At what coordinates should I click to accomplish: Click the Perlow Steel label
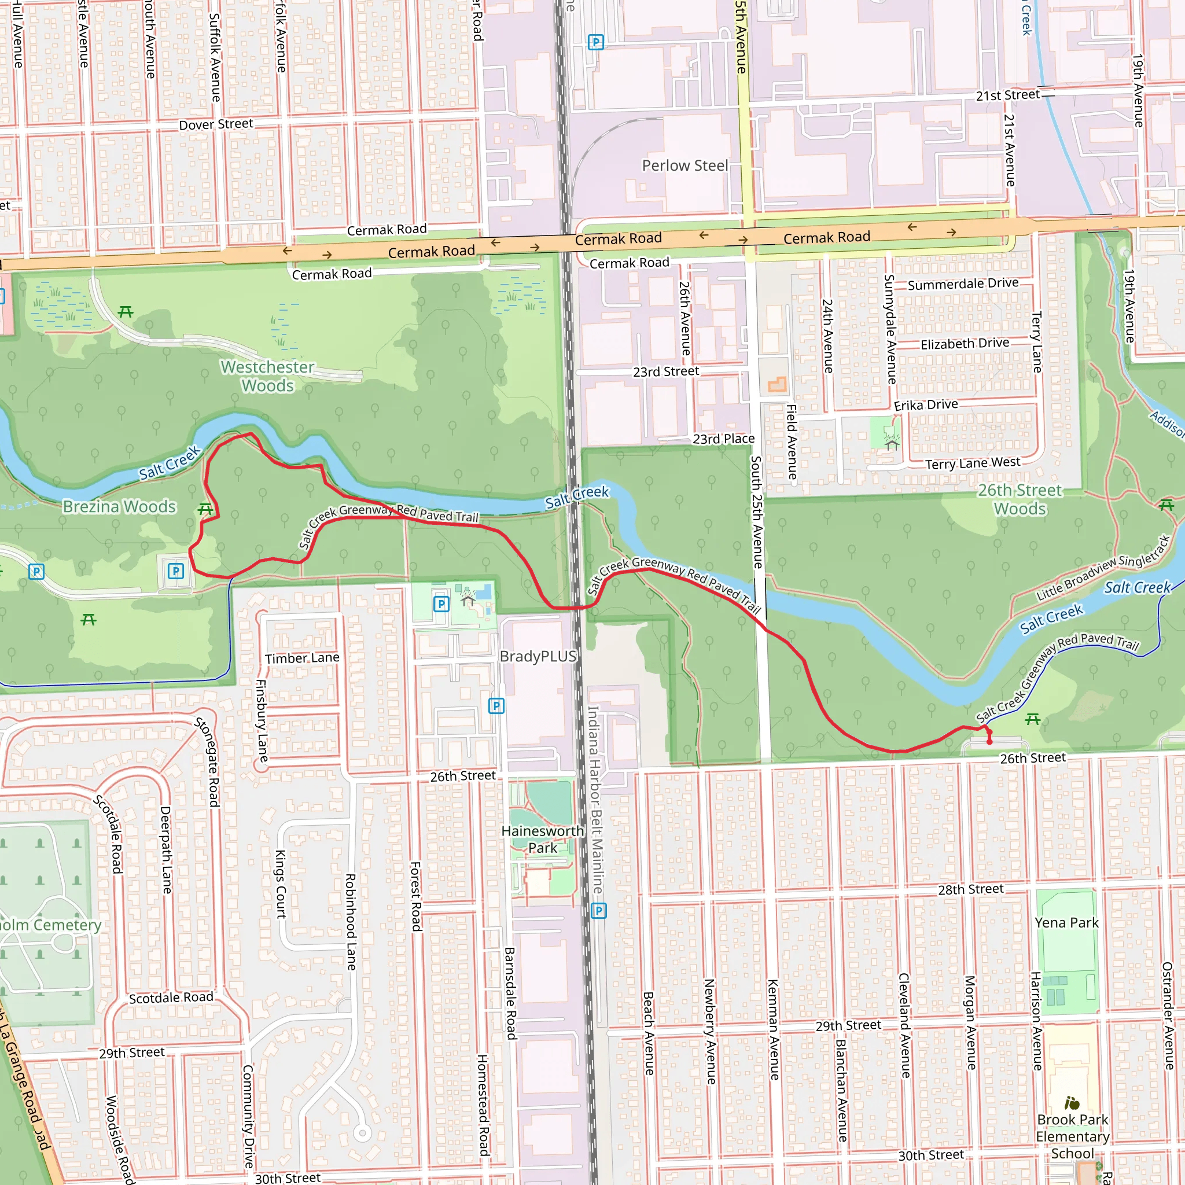coord(684,165)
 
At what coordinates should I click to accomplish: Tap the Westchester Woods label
coord(267,376)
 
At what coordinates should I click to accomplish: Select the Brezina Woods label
coord(120,507)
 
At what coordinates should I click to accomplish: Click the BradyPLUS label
coord(538,656)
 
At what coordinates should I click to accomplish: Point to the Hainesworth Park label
coord(542,839)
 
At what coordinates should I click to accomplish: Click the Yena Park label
coord(1066,922)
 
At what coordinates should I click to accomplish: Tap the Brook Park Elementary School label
coord(1072,1136)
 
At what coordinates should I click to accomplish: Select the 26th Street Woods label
coord(1020,499)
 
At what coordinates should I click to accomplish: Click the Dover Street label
coord(216,124)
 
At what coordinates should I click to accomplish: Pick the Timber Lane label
coord(302,658)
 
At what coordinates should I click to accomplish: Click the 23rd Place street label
coord(723,439)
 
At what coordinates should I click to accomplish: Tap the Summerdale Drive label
coord(963,284)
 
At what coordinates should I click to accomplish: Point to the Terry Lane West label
coord(973,463)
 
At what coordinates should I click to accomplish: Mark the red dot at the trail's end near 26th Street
coord(989,742)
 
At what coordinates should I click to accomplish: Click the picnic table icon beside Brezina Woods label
coord(205,510)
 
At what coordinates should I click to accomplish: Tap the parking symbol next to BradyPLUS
coord(496,706)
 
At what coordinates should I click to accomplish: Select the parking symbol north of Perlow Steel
coord(595,42)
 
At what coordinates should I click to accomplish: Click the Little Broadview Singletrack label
coord(1103,569)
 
